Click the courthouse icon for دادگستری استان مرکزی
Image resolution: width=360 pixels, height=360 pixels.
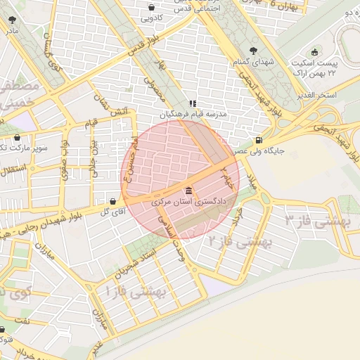188,191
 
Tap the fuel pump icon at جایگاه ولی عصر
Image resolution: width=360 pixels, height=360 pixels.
260,140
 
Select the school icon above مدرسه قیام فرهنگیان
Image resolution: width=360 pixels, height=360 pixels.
193,103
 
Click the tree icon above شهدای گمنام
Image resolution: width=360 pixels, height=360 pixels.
253,51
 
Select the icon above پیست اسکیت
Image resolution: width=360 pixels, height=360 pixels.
315,51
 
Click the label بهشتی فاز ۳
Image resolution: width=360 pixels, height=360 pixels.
316,221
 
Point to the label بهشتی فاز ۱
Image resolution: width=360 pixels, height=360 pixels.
136,288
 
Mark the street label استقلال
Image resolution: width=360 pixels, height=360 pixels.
13,169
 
